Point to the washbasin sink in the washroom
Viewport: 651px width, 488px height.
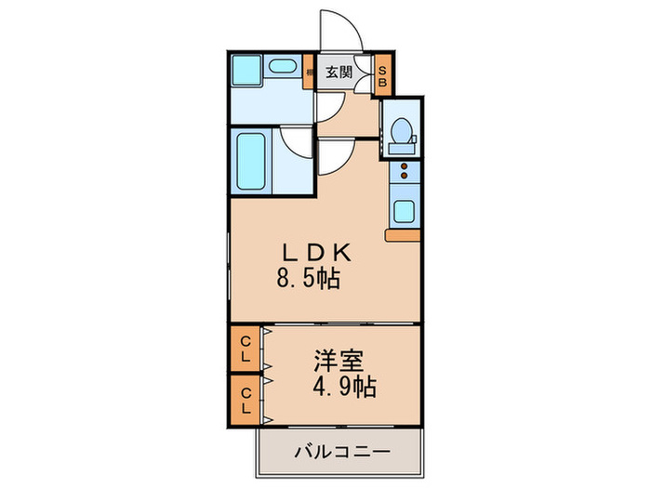click(x=279, y=71)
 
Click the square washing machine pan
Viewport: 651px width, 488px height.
click(x=247, y=72)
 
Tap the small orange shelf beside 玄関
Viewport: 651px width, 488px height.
click(x=311, y=71)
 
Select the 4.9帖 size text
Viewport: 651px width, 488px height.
click(x=346, y=385)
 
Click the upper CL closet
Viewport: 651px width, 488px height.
click(x=246, y=348)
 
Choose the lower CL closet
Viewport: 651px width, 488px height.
click(x=246, y=398)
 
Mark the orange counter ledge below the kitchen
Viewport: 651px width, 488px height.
click(x=403, y=236)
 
